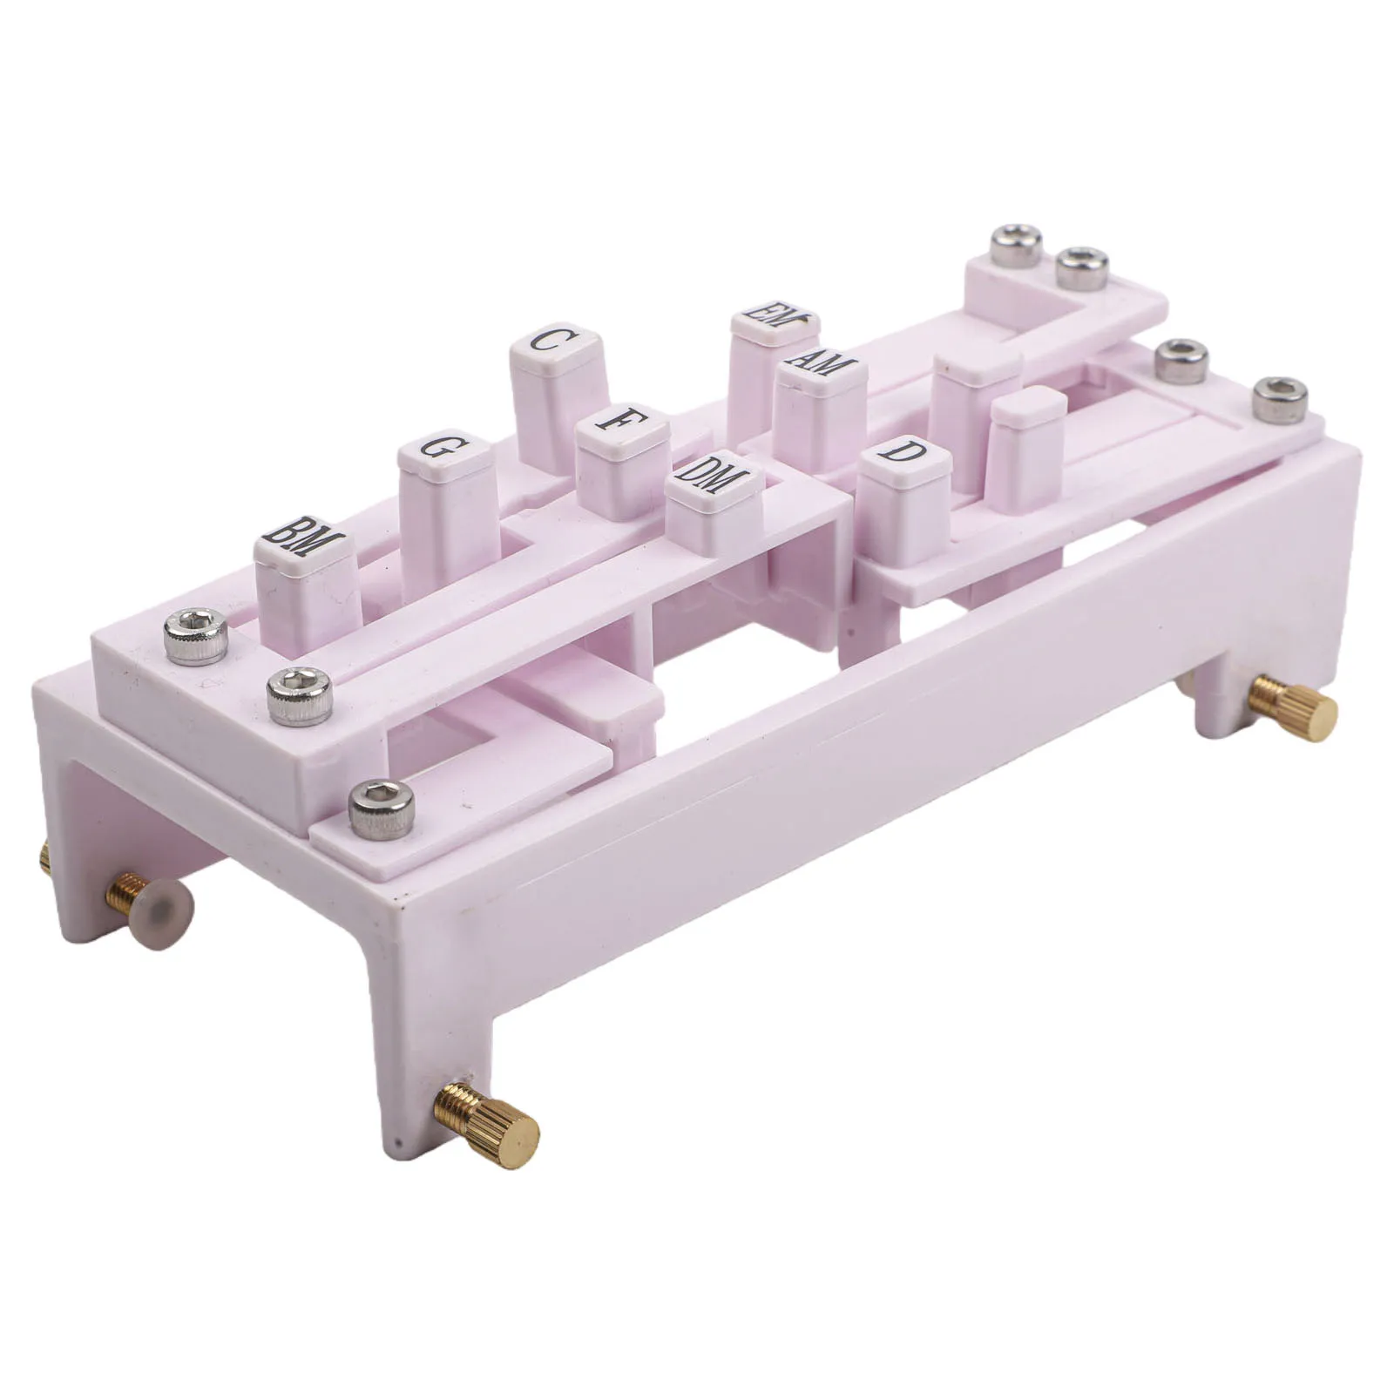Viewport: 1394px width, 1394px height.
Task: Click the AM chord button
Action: click(x=819, y=409)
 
